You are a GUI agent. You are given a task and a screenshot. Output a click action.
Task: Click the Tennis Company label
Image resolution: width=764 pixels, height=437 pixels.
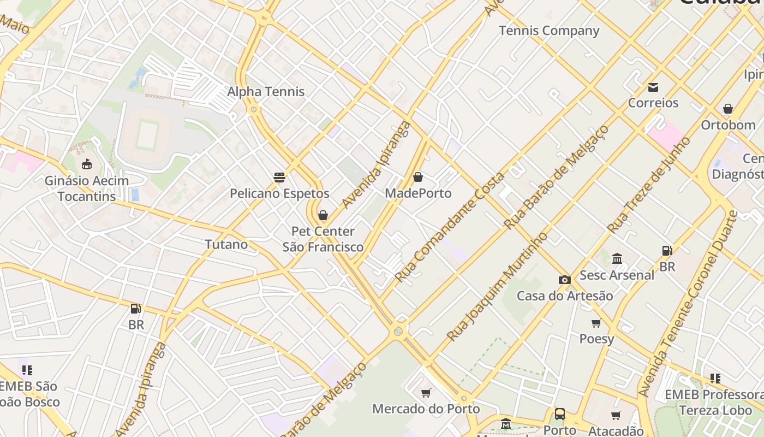click(x=549, y=31)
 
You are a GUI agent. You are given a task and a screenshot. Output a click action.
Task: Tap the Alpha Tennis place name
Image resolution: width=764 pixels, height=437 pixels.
click(x=266, y=91)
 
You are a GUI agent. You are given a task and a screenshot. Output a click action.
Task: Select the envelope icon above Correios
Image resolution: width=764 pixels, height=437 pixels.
click(x=653, y=87)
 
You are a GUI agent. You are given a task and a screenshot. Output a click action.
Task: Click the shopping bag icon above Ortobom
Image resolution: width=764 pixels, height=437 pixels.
click(x=727, y=109)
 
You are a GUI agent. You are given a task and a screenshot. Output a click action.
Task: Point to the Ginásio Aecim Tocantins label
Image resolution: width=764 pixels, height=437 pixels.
click(x=87, y=188)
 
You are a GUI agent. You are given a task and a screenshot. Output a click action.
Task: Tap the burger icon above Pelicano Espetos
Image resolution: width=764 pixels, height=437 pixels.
click(x=279, y=178)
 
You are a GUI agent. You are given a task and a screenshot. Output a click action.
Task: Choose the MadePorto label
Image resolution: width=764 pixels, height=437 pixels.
click(x=418, y=193)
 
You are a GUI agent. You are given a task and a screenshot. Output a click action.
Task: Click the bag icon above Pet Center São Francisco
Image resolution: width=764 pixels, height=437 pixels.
click(x=323, y=215)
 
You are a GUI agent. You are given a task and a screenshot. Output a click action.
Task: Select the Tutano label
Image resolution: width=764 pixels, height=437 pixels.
click(x=226, y=244)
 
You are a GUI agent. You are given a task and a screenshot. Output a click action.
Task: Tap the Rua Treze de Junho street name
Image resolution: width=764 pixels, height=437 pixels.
click(x=649, y=185)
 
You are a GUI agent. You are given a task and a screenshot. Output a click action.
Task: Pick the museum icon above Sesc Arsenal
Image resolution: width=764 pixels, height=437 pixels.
click(x=617, y=258)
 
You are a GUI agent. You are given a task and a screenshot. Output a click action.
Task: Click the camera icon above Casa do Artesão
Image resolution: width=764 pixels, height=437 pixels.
click(x=564, y=280)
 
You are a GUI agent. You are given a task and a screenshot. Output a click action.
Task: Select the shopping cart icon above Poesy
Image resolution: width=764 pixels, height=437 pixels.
click(x=596, y=323)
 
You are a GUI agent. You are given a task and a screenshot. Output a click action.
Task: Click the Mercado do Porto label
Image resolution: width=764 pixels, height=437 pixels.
click(x=426, y=409)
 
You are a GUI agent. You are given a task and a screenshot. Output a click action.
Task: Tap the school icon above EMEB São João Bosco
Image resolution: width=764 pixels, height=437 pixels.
click(x=27, y=370)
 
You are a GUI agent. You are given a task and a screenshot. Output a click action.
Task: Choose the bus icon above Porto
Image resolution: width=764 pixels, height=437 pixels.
click(x=560, y=414)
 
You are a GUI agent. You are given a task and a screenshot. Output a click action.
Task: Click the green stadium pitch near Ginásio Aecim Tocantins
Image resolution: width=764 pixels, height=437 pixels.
click(x=147, y=135)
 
